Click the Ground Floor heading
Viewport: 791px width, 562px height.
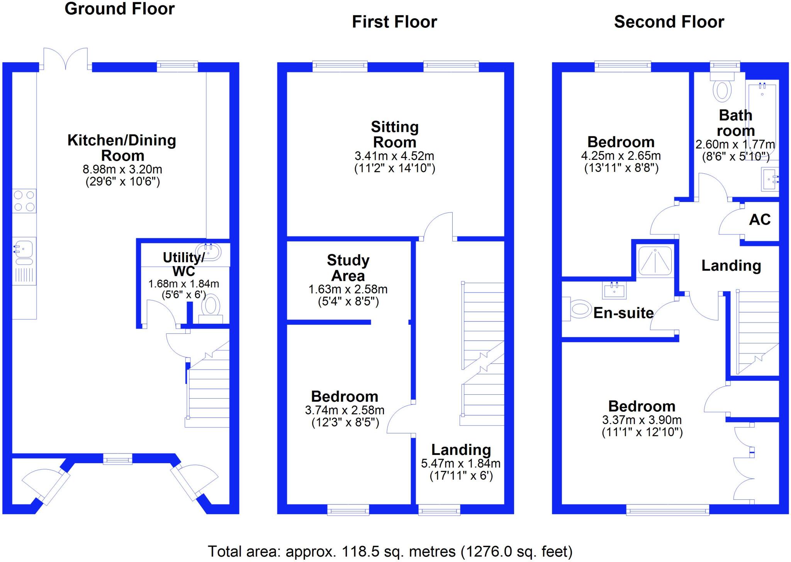click(119, 9)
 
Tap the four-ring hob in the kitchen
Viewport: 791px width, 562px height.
click(24, 201)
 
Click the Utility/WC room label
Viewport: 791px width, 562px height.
click(184, 264)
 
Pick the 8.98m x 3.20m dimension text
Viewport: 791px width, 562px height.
click(122, 169)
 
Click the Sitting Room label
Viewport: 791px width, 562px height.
click(395, 134)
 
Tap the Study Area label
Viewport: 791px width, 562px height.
click(348, 268)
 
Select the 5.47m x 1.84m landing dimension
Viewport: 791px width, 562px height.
click(461, 463)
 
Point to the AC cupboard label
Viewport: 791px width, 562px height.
click(760, 220)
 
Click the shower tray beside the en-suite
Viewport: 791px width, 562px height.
click(655, 261)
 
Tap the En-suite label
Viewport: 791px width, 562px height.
click(623, 313)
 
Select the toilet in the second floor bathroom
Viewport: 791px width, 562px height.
click(721, 91)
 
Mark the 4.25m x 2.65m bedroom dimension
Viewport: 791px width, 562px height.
click(621, 156)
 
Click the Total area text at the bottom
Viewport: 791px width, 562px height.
click(390, 552)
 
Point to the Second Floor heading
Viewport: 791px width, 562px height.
click(669, 22)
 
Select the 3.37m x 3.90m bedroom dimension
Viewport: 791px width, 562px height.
click(642, 420)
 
